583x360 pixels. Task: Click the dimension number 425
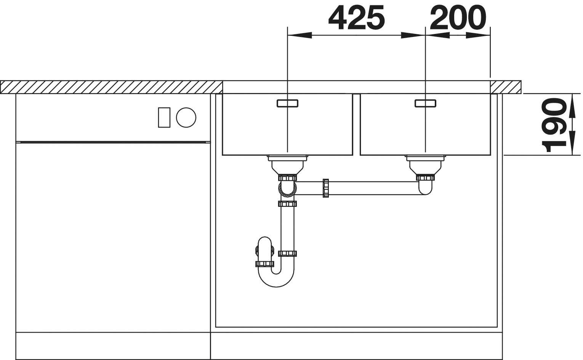[x=356, y=18]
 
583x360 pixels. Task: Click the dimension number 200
[x=458, y=18]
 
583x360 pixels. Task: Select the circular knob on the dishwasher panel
[x=186, y=117]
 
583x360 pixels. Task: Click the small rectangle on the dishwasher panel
[x=164, y=117]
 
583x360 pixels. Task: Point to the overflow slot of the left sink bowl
[x=287, y=103]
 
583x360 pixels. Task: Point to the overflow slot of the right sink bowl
[x=425, y=103]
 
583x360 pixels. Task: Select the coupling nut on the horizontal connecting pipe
[x=326, y=188]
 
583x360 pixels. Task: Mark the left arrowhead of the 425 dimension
[x=299, y=36]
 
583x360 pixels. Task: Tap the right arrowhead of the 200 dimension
[x=478, y=36]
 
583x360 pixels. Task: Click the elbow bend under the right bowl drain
[x=425, y=189]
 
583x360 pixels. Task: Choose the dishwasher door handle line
[x=112, y=142]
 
